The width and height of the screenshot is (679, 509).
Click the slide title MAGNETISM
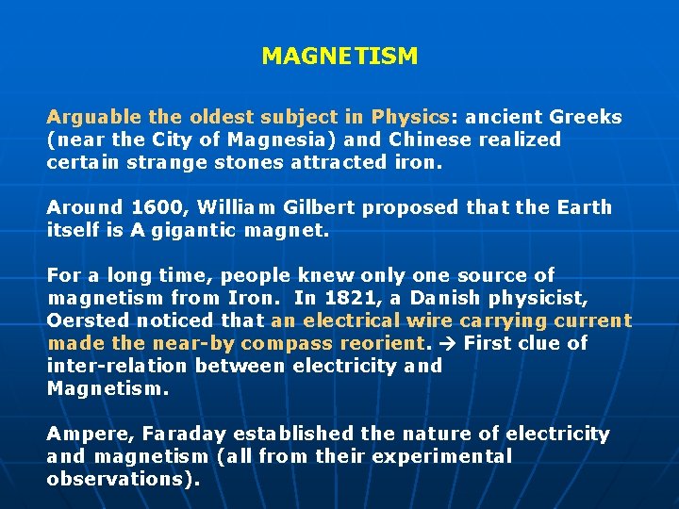[x=339, y=57]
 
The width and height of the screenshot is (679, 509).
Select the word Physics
[x=410, y=118]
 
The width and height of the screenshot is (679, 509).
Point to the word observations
[x=121, y=478]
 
